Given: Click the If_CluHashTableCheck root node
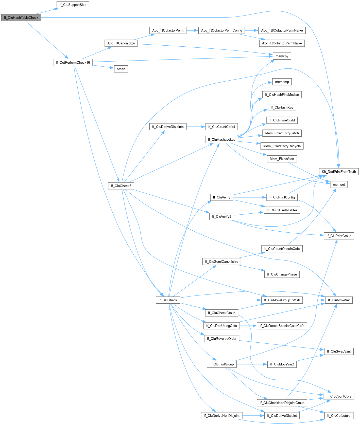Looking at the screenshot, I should point(21,18).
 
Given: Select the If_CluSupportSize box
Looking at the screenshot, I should point(73,5).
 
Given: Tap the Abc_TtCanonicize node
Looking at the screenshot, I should point(121,43).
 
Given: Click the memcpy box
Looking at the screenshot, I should point(282,56).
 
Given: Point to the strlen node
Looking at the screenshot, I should point(121,69).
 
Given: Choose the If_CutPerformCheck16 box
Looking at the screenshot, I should point(73,63).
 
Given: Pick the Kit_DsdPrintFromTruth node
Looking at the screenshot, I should point(339,172).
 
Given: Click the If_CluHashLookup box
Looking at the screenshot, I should point(221,140).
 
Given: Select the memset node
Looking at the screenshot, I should point(339,184).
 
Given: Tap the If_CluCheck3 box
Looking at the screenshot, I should point(121,186).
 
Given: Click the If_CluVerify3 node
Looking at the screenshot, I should point(221,217).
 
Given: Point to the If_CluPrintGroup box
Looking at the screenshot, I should point(339,236).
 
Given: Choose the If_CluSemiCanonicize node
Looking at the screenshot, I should point(221,262).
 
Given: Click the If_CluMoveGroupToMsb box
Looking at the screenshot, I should point(282,300).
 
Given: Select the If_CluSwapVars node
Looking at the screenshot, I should point(339,352).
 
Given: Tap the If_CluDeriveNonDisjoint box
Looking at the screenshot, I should point(221,416).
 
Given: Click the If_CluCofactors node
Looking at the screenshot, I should point(339,416).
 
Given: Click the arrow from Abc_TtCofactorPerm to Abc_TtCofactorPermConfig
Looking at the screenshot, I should point(192,30).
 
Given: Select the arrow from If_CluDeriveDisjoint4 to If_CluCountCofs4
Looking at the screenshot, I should point(196,127).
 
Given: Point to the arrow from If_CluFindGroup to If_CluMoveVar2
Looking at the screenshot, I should point(252,364).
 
